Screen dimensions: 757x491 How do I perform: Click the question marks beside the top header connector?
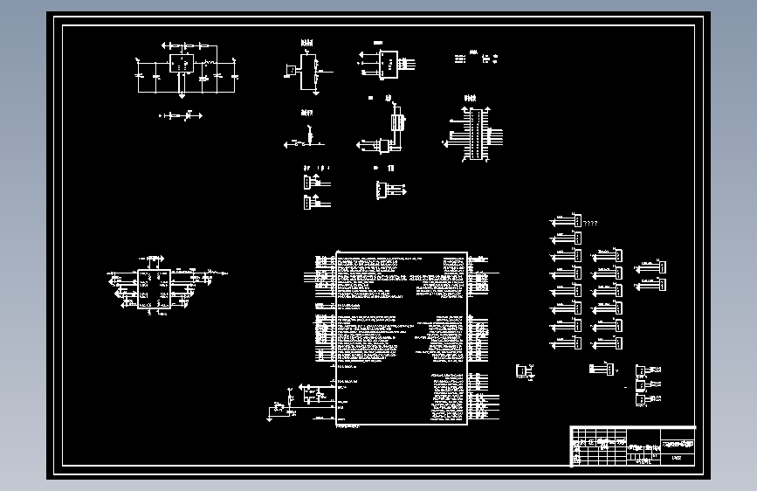[590, 224]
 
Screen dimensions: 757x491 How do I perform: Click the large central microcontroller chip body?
[402, 340]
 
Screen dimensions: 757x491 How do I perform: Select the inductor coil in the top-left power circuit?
[210, 65]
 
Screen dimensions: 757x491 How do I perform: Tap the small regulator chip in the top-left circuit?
[182, 64]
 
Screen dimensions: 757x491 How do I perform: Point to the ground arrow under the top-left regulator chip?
[180, 93]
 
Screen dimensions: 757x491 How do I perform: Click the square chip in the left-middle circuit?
[154, 289]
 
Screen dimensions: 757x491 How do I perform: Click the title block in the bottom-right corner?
[633, 446]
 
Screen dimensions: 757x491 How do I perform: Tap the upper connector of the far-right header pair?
[661, 266]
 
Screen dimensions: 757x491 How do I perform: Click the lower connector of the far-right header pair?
[661, 284]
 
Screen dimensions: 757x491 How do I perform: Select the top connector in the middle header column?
[616, 255]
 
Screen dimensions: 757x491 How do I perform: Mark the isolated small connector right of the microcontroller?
[523, 371]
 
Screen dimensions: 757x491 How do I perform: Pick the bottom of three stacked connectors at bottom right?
[641, 399]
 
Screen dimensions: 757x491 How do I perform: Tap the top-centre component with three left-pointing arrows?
[385, 61]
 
